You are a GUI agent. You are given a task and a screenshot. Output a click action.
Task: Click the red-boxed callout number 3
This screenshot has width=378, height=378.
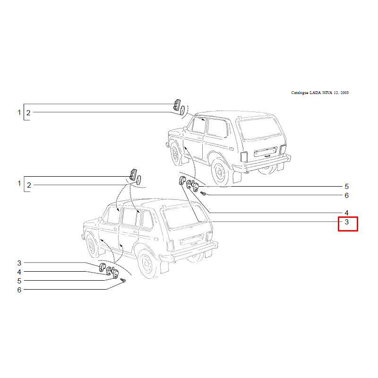click(347, 222)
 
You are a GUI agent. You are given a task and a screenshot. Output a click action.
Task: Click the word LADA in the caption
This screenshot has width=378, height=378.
click(315, 93)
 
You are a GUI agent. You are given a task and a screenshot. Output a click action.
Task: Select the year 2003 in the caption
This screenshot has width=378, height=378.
click(344, 93)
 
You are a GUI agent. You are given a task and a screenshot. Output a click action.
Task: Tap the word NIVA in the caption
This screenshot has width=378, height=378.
click(327, 93)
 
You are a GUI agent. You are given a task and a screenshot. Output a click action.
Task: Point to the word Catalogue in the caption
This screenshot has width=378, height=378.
click(300, 93)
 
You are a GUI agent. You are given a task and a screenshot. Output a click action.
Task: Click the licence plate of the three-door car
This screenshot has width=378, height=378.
click(265, 152)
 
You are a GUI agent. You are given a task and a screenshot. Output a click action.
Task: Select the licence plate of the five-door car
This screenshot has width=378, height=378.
click(191, 240)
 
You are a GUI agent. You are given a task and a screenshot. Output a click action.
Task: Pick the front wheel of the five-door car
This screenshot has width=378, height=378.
click(92, 245)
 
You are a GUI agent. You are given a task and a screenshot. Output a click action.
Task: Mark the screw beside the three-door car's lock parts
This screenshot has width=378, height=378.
click(203, 193)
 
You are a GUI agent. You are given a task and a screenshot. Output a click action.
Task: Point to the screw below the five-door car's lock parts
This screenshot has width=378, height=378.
click(123, 280)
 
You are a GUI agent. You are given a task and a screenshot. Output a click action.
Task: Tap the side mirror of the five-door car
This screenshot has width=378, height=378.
click(100, 219)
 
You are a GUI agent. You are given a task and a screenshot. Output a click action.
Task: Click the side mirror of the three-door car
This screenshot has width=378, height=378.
click(185, 129)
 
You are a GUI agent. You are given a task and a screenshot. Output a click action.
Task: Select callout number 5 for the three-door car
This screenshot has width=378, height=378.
click(347, 187)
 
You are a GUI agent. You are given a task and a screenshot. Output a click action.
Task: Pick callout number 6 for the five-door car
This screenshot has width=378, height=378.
click(19, 290)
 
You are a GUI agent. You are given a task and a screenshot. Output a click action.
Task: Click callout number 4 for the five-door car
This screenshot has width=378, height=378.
click(19, 272)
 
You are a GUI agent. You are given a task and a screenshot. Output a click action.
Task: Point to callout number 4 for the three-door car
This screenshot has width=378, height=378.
click(347, 213)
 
